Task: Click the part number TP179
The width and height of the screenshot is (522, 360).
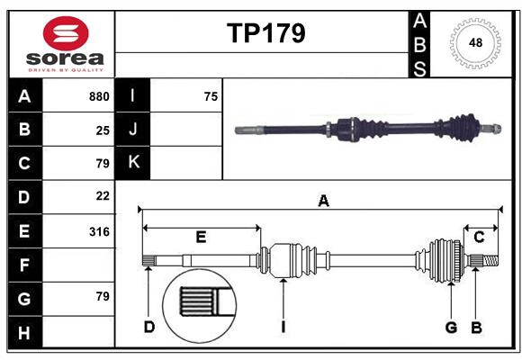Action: pyautogui.click(x=265, y=33)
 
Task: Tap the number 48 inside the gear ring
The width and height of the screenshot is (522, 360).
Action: pyautogui.click(x=473, y=43)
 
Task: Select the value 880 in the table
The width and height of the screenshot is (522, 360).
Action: pyautogui.click(x=99, y=96)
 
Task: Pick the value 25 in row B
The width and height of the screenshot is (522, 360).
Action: pyautogui.click(x=103, y=130)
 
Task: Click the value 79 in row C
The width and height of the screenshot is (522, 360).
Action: pyautogui.click(x=103, y=163)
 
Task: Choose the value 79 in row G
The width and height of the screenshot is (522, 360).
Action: pyautogui.click(x=103, y=296)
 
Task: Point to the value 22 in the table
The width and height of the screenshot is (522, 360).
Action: pyautogui.click(x=103, y=195)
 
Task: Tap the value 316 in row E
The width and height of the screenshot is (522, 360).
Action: pyautogui.click(x=99, y=231)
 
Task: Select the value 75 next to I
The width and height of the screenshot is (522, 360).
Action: pyautogui.click(x=211, y=96)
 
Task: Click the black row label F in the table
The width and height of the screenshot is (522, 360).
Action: pyautogui.click(x=24, y=265)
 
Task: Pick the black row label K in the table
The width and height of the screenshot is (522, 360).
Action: pyautogui.click(x=134, y=162)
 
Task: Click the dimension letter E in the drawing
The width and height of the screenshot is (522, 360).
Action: pyautogui.click(x=201, y=238)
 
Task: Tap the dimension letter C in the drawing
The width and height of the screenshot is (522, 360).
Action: pyautogui.click(x=479, y=237)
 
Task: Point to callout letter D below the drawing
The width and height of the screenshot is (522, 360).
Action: pyautogui.click(x=149, y=327)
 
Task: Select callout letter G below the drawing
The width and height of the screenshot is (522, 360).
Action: pyautogui.click(x=451, y=327)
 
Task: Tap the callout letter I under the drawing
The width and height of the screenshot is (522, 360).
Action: pyautogui.click(x=283, y=327)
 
